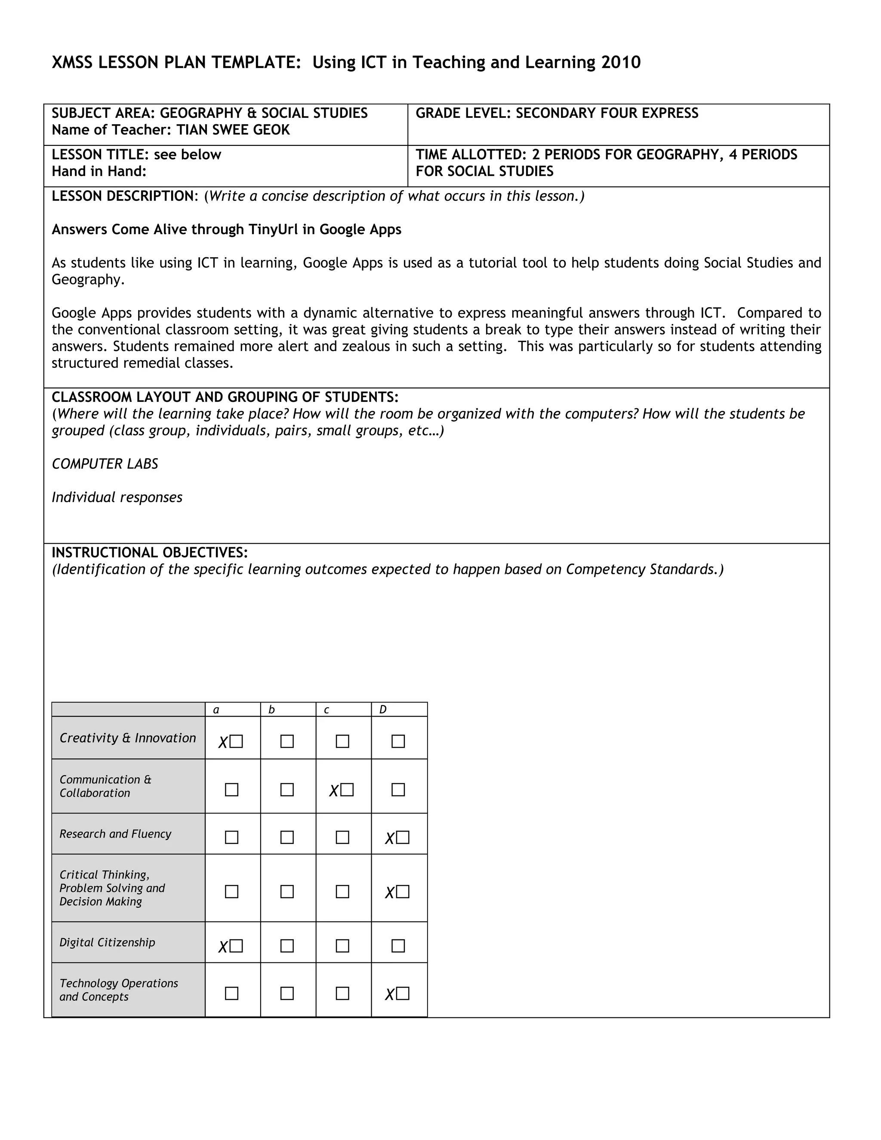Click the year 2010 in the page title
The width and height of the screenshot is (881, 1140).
(621, 63)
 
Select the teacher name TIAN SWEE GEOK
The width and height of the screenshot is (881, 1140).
(233, 130)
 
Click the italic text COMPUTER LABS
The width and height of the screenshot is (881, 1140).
(105, 464)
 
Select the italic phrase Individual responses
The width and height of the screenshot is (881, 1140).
(117, 497)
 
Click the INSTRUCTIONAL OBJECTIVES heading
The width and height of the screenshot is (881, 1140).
(149, 553)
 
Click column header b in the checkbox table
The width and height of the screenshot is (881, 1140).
(271, 710)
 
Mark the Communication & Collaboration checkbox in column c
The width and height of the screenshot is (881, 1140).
(347, 790)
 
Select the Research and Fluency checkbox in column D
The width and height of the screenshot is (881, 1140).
(402, 838)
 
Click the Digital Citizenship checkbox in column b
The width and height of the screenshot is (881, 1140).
(287, 946)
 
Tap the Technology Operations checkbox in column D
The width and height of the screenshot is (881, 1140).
(402, 993)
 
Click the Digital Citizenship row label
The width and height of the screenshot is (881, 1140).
(107, 943)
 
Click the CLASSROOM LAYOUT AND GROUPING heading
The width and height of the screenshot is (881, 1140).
(225, 397)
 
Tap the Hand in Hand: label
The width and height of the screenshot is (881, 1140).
(99, 172)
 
